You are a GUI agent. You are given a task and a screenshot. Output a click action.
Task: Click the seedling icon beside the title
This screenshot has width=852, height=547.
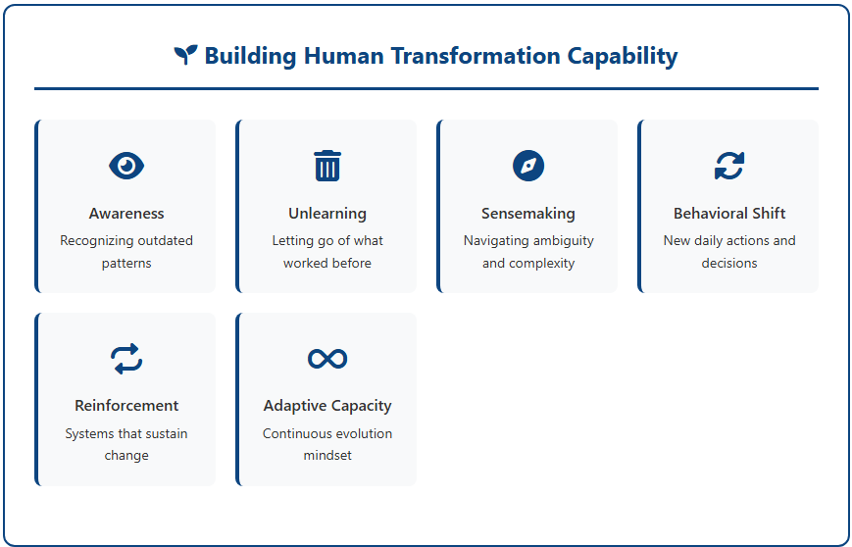[x=186, y=55]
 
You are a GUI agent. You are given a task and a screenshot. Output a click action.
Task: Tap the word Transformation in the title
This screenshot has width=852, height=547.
[x=476, y=56]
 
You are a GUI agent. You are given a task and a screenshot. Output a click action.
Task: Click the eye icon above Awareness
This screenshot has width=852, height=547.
[x=126, y=165]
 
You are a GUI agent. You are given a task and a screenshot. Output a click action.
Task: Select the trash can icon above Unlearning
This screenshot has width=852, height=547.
[x=327, y=165]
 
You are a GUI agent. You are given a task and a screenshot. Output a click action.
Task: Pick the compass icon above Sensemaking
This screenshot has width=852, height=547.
[x=528, y=166]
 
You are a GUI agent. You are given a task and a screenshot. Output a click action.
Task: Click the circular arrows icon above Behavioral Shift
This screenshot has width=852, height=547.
[x=729, y=166]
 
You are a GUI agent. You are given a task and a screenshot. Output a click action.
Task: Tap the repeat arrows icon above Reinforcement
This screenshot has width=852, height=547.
[x=126, y=359]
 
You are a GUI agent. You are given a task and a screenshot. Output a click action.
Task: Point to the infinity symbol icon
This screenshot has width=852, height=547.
[x=327, y=359]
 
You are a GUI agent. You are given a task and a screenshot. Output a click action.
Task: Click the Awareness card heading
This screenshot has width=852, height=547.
[x=126, y=214]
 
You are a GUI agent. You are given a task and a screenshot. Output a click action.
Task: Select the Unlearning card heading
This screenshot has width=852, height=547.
[x=327, y=214]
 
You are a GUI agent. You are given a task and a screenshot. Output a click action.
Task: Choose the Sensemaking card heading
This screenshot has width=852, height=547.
[x=528, y=214]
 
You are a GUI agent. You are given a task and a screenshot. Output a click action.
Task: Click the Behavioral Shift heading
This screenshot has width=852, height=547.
[x=729, y=214]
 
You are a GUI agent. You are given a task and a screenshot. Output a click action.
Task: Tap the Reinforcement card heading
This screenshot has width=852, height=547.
[x=126, y=406]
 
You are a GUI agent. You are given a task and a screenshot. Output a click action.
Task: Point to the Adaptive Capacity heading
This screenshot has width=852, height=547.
[x=327, y=406]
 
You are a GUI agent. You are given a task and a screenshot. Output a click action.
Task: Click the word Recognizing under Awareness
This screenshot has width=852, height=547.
[x=88, y=241]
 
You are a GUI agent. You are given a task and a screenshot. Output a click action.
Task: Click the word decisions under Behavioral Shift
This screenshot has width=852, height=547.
[x=729, y=263]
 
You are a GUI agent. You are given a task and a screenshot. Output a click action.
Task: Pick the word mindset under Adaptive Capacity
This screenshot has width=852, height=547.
[x=327, y=455]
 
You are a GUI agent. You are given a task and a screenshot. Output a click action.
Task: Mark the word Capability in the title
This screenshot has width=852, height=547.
[x=623, y=56]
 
